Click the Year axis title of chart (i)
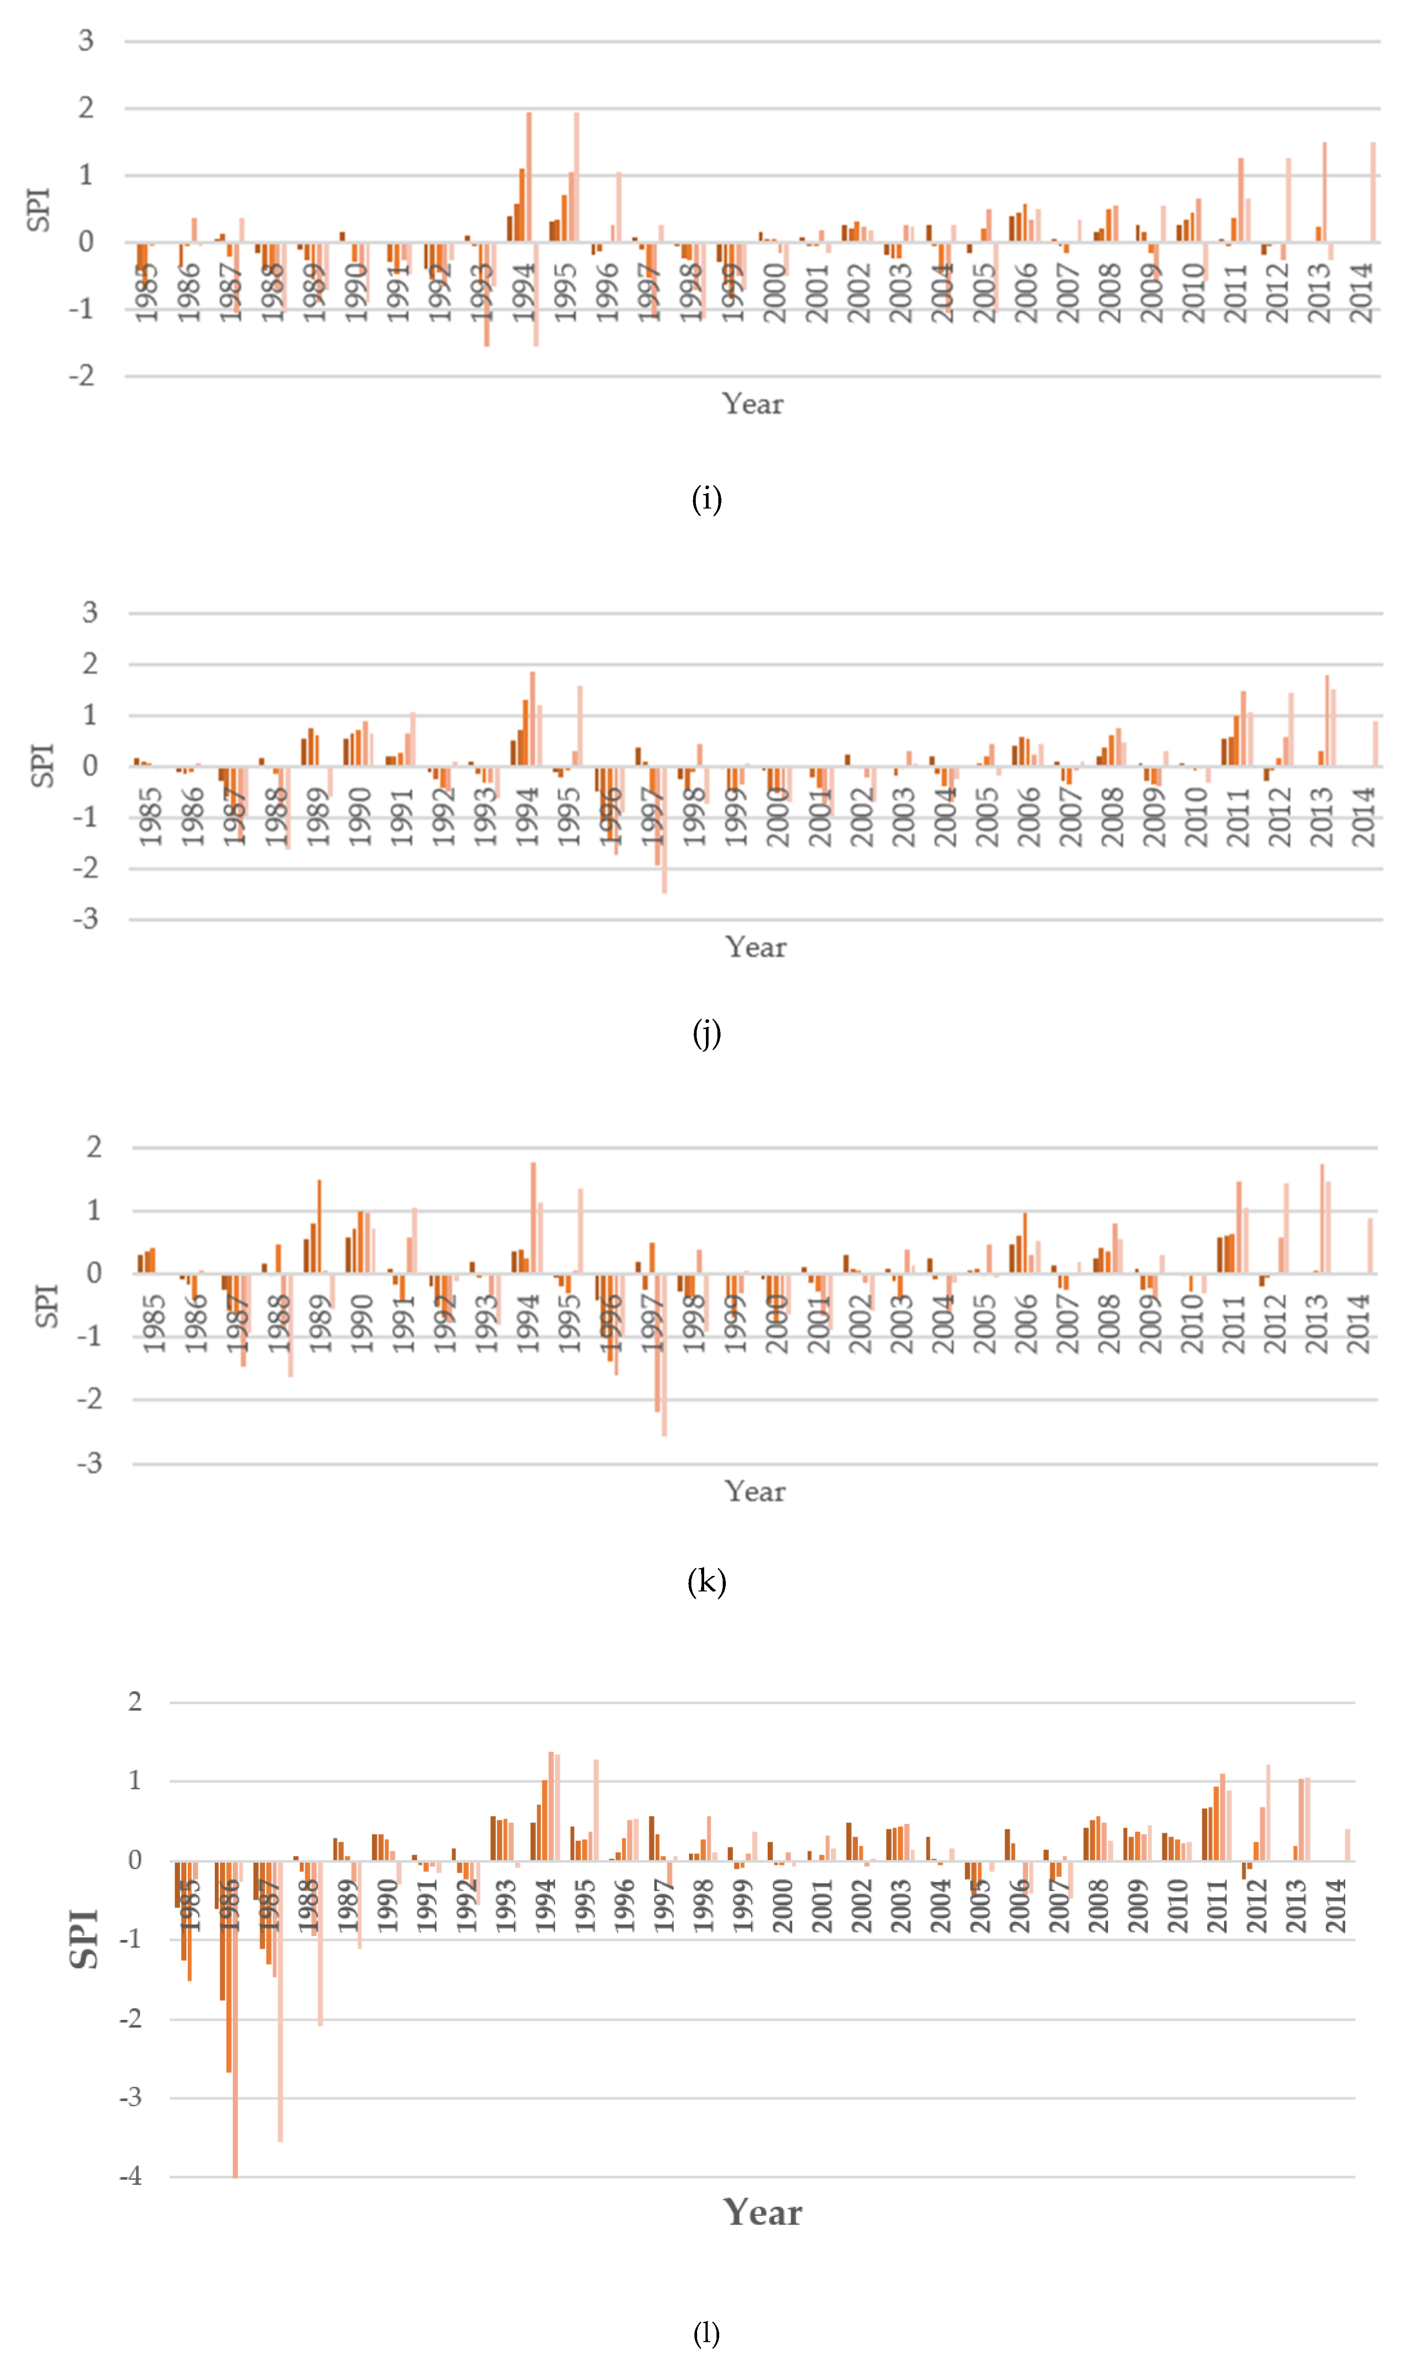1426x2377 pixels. click(752, 403)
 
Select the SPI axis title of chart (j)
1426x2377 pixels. click(42, 766)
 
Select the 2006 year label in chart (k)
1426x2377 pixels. click(1025, 1324)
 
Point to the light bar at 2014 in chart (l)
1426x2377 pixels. click(1347, 1845)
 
